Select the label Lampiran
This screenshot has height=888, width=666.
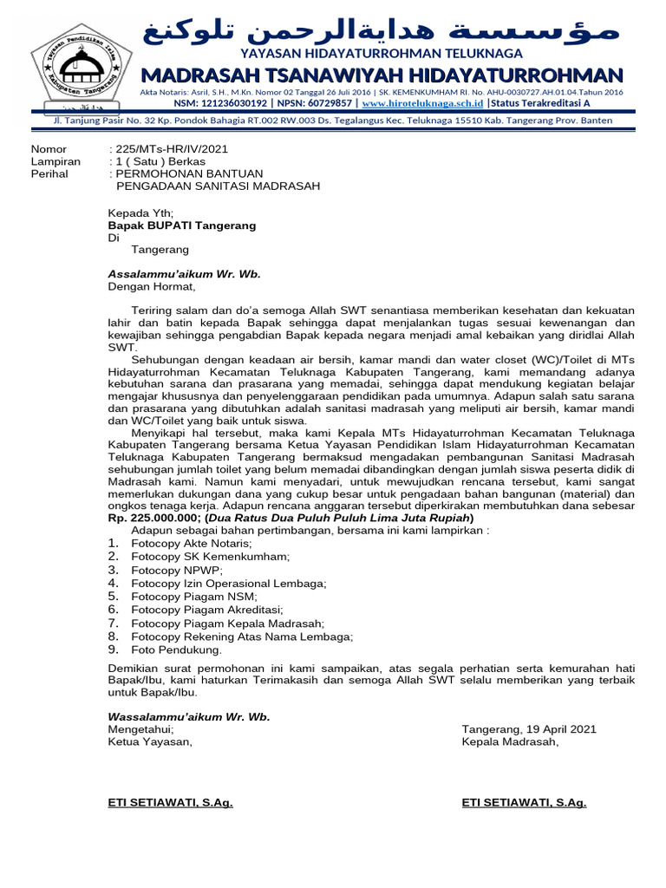55,161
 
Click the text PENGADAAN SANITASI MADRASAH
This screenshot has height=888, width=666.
218,186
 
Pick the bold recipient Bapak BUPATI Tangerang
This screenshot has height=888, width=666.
181,225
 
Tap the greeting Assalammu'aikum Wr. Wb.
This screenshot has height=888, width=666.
184,273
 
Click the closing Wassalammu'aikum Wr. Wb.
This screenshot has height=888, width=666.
188,717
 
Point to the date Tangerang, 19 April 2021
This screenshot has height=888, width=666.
529,730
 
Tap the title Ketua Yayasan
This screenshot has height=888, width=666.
150,742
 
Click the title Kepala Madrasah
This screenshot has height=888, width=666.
511,742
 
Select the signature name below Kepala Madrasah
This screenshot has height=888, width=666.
524,803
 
